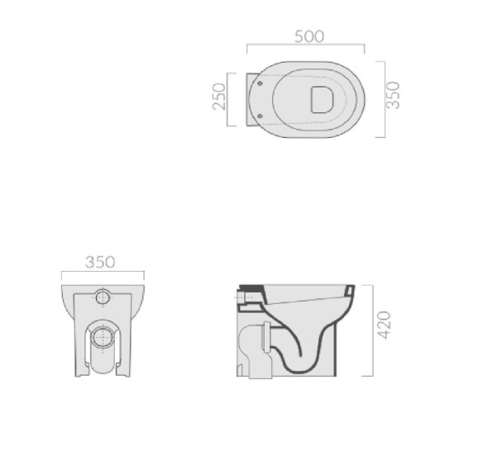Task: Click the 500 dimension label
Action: tap(309, 36)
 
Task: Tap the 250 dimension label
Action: tap(219, 97)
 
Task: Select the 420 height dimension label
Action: tap(384, 325)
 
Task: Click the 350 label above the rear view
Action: tap(100, 262)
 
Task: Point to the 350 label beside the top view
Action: tap(393, 95)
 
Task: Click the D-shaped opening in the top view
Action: tap(322, 99)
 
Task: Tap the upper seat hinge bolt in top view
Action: tap(260, 83)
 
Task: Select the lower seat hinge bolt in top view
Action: tap(260, 116)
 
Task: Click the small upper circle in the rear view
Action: tap(103, 297)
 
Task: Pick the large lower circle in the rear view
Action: tap(103, 337)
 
